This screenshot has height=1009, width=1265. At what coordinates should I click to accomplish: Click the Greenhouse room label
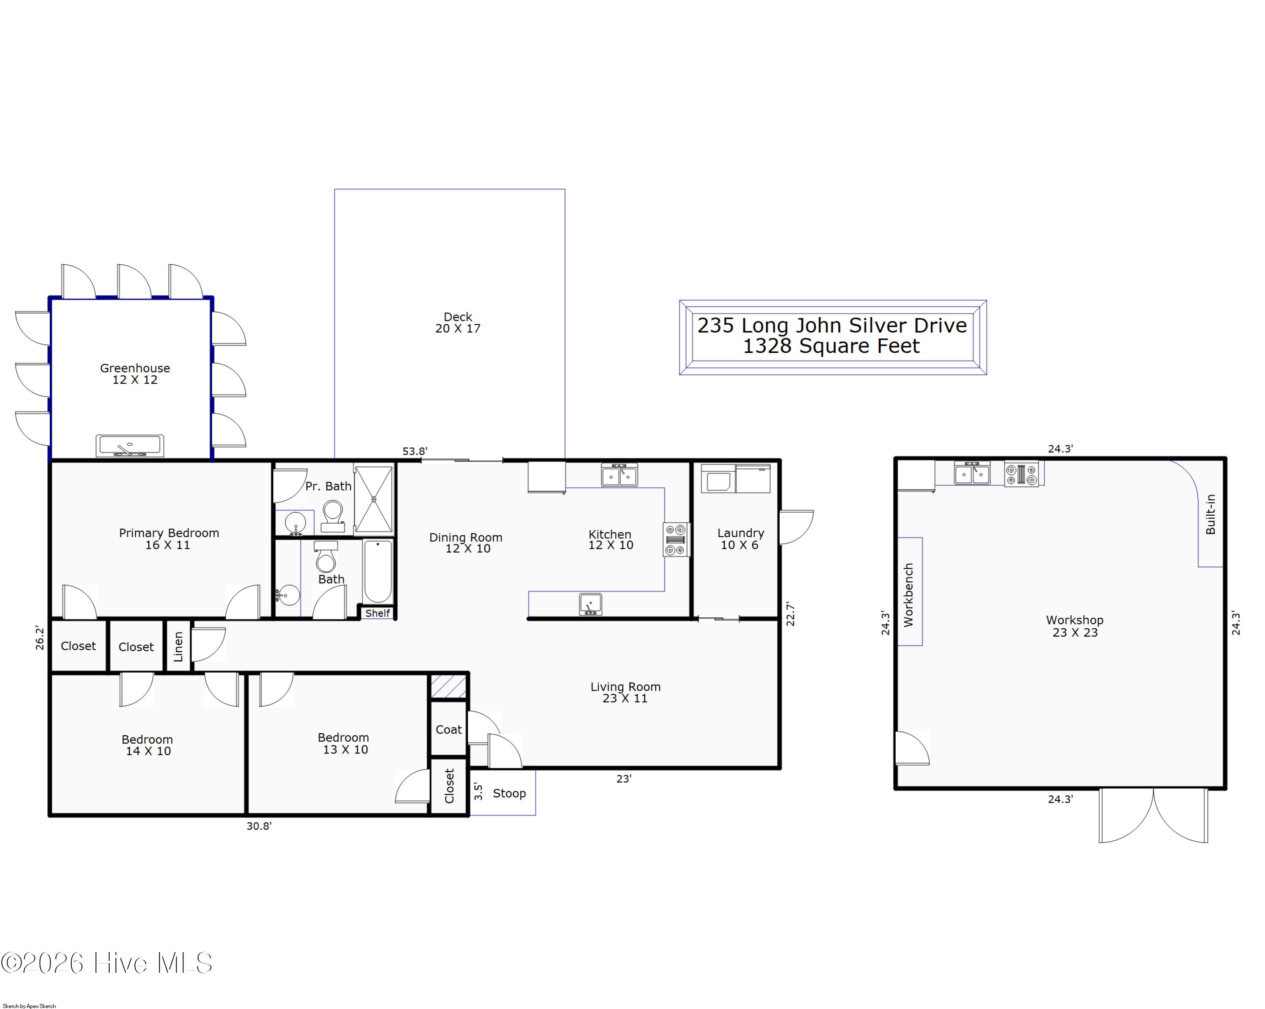coord(135,369)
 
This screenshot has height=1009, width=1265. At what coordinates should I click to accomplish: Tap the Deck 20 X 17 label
coord(458,323)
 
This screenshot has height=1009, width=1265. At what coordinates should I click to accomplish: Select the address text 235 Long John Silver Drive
coord(832,326)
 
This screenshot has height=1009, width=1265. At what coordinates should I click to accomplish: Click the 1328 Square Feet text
coord(832,346)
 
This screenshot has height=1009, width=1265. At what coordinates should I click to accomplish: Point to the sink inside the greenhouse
coord(130,446)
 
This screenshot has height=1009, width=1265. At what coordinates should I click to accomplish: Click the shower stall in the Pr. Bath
coord(374,499)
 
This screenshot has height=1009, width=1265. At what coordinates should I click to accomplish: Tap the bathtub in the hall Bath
coord(378,571)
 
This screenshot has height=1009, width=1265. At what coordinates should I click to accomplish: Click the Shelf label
coord(377,613)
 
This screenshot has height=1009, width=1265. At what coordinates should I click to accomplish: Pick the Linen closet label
coord(178,646)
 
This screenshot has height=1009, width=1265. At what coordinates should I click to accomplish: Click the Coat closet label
coord(448,729)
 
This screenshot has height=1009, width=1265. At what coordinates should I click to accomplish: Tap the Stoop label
coord(509,793)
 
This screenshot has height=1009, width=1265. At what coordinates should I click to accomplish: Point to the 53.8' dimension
coord(415,451)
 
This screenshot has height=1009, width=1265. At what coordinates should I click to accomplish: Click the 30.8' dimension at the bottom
coord(259,826)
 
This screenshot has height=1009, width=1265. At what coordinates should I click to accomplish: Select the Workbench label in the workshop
coord(908,595)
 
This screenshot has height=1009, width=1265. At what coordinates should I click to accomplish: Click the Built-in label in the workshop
coord(1210,514)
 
